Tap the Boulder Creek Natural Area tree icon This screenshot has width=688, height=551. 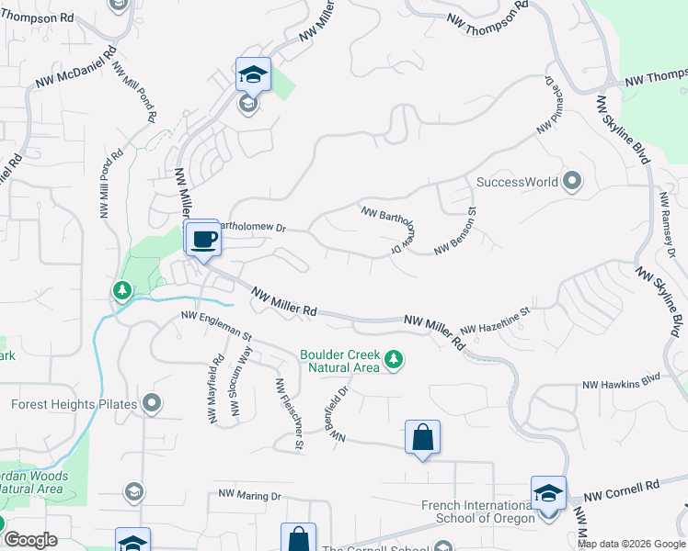point(394,359)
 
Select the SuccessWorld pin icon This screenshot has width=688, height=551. point(572,181)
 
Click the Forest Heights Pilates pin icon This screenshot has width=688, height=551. point(152,403)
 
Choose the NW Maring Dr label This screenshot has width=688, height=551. point(249,495)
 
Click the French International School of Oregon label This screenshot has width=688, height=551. point(478,512)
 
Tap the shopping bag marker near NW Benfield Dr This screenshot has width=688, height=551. point(422,438)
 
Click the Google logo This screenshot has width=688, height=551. point(30,540)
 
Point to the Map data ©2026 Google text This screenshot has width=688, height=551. point(630,544)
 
